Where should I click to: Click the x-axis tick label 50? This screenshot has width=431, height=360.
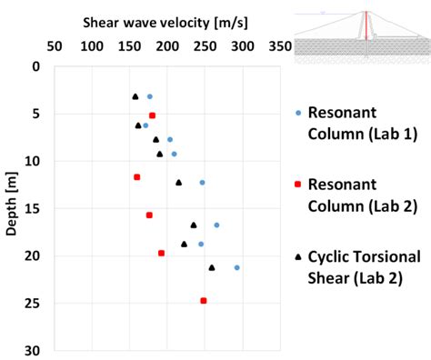[x=54, y=46]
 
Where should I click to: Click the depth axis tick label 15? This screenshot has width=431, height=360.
[x=33, y=208]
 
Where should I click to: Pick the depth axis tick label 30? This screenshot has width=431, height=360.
[x=33, y=350]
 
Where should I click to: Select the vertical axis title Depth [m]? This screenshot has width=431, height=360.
[x=12, y=208]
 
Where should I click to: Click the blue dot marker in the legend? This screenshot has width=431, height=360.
[x=298, y=114]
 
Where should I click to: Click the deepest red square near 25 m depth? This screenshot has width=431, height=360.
[x=204, y=300]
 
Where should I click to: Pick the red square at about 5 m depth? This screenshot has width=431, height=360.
[x=152, y=115]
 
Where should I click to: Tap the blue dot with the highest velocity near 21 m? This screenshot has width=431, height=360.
[x=236, y=267]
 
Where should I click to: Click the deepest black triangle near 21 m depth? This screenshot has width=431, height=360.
[x=212, y=267]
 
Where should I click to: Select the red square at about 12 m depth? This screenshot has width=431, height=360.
[x=136, y=176]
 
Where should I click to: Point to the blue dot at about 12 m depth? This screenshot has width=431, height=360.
[x=202, y=182]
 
